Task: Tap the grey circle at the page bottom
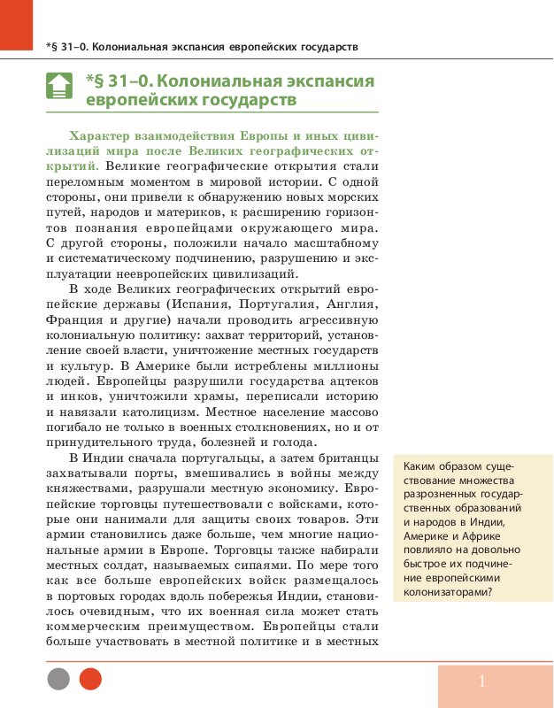tap(58, 679)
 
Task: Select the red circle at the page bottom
tap(90, 679)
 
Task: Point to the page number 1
tap(482, 681)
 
